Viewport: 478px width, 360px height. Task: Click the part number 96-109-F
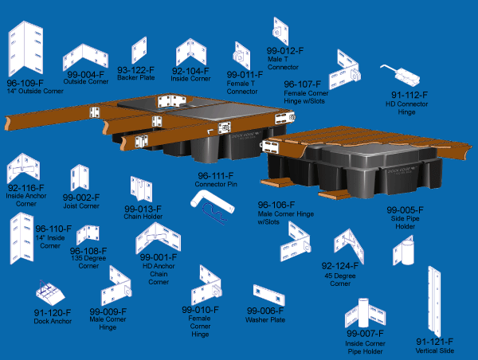25,83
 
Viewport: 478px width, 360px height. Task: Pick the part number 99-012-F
284,50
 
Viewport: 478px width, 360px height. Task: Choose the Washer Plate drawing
267,293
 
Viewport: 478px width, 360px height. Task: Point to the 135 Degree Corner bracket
89,237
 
